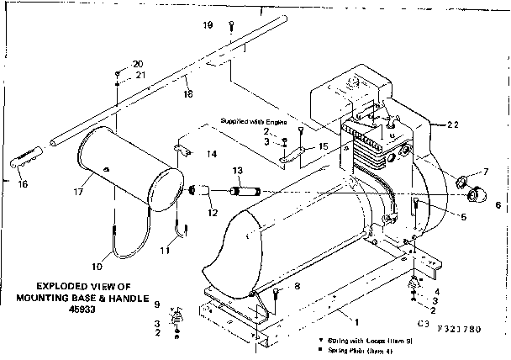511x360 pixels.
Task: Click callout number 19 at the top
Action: point(208,26)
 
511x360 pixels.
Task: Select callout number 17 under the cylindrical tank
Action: point(78,193)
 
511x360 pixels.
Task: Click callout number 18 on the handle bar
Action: point(187,93)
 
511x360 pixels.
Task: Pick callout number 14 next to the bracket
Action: point(212,154)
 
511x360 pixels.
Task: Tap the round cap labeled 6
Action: point(475,196)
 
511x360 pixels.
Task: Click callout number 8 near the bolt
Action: point(298,287)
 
